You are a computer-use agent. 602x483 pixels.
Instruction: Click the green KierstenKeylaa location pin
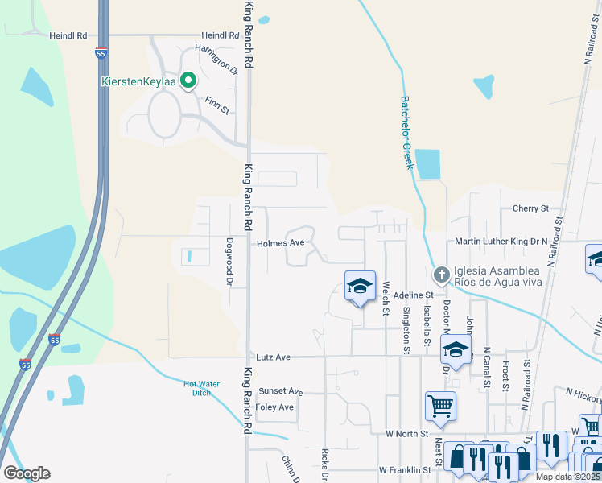pyautogui.click(x=188, y=80)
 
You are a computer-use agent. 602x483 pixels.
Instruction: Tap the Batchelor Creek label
pyautogui.click(x=407, y=133)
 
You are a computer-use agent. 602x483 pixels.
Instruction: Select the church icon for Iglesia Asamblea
pyautogui.click(x=441, y=276)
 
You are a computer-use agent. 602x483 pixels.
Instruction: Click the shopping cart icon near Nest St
pyautogui.click(x=440, y=407)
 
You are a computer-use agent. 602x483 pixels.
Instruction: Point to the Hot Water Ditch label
pyautogui.click(x=201, y=388)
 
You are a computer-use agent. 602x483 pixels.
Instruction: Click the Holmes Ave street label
pyautogui.click(x=281, y=242)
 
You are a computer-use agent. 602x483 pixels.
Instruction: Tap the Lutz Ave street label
pyautogui.click(x=273, y=356)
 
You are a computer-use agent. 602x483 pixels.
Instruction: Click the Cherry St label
pyautogui.click(x=530, y=208)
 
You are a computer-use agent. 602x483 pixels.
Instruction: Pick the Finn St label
pyautogui.click(x=217, y=103)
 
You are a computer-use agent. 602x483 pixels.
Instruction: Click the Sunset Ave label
pyautogui.click(x=281, y=391)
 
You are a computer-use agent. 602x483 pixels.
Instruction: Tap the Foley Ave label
pyautogui.click(x=275, y=407)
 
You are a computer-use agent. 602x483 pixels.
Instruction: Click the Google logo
pyautogui.click(x=27, y=473)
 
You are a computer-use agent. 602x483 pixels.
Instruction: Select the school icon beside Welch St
pyautogui.click(x=360, y=286)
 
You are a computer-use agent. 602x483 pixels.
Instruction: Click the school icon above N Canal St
pyautogui.click(x=455, y=350)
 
